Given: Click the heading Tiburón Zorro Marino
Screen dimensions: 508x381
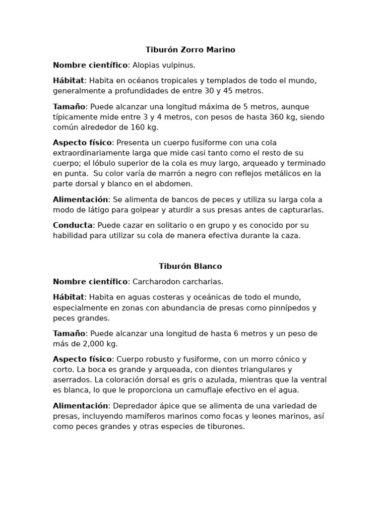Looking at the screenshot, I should tap(190, 50).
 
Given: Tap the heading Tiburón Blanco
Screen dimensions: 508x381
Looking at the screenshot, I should tap(190, 266).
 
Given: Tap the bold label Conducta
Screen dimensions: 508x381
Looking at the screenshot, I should tap(72, 225).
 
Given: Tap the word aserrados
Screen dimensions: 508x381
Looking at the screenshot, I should tap(71, 380).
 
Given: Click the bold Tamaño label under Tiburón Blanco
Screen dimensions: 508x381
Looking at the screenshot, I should tap(69, 333).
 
